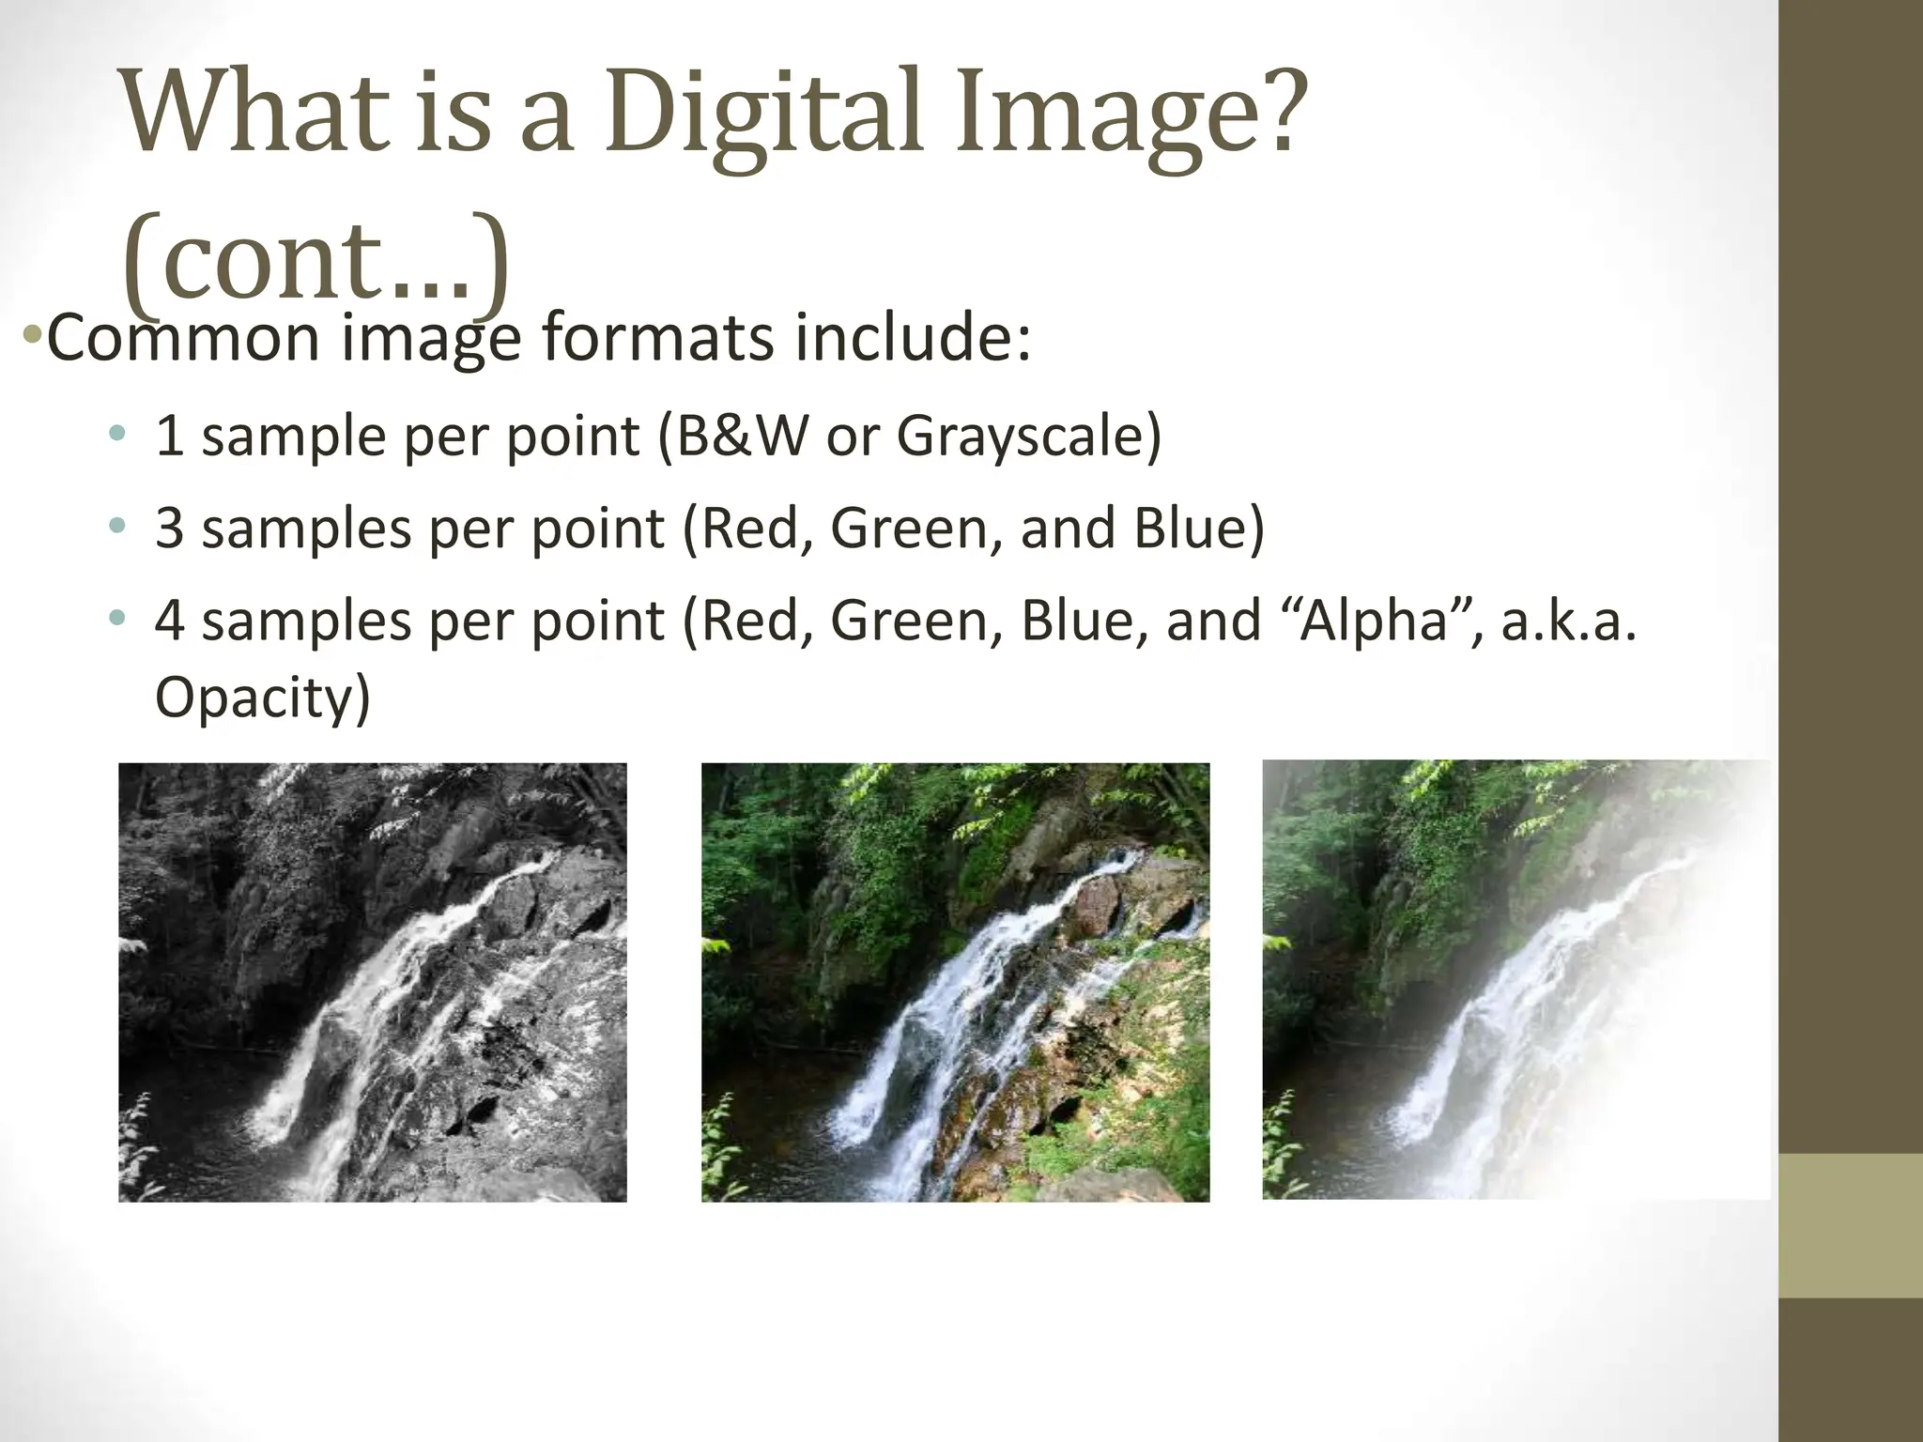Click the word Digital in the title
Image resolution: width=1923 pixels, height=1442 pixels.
point(761,117)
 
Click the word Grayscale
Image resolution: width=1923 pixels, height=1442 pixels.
point(1028,437)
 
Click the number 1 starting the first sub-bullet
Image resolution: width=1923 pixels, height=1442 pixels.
point(169,436)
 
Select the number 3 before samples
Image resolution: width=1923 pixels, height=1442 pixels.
point(169,528)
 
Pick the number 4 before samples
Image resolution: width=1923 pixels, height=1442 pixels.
point(169,621)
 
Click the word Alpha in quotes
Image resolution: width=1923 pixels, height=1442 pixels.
point(1374,621)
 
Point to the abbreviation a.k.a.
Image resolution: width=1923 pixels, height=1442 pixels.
point(1568,621)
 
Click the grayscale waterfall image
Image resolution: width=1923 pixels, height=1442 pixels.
point(372,982)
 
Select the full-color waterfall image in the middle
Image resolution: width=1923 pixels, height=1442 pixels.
point(955,982)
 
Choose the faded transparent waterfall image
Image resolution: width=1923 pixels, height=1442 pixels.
point(1515,980)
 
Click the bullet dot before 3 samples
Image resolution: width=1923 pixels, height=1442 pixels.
point(116,527)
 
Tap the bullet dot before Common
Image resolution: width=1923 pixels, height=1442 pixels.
point(31,334)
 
